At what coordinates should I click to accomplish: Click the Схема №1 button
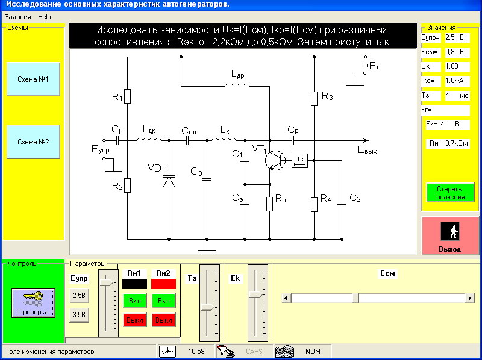click(33, 79)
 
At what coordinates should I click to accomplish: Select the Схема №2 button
click(33, 141)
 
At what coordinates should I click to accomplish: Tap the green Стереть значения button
click(451, 193)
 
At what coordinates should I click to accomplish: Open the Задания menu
click(17, 17)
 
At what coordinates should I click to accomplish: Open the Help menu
click(45, 17)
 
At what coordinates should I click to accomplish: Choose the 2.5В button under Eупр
click(80, 296)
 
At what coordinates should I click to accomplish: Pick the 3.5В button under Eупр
click(80, 314)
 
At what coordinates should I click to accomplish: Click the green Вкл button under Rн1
click(134, 300)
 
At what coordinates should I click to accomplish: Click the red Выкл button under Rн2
click(164, 320)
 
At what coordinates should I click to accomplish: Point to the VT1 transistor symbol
click(275, 160)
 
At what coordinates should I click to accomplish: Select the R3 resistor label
click(327, 95)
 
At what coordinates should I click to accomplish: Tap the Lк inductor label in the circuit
click(225, 130)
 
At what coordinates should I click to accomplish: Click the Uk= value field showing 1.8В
click(454, 67)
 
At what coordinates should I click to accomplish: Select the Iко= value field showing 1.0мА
click(454, 81)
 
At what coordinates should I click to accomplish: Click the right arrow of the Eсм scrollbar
click(470, 298)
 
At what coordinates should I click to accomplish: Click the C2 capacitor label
click(355, 198)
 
